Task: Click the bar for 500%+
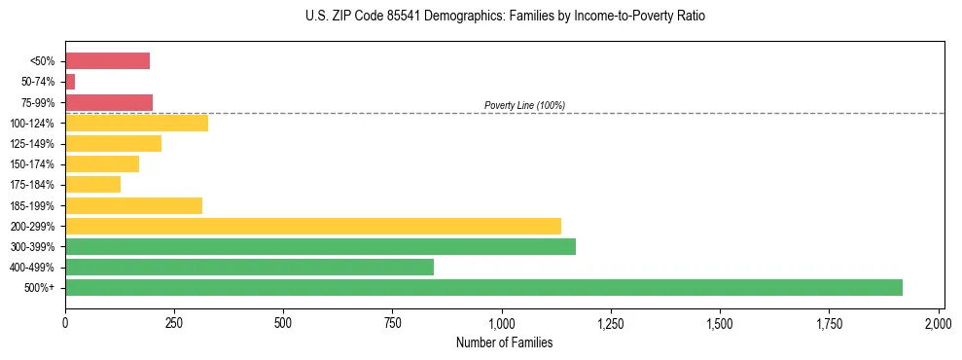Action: (x=483, y=287)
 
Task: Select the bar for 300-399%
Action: (x=320, y=246)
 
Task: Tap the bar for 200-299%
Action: (x=312, y=226)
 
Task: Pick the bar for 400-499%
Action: (x=249, y=267)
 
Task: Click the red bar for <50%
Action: (x=107, y=61)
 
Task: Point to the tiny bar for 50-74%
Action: (x=70, y=82)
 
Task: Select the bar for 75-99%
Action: (x=109, y=102)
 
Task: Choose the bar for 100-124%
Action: (x=136, y=123)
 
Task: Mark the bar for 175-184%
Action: (x=92, y=184)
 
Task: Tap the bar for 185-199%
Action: (x=133, y=205)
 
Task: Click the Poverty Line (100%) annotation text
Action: (x=524, y=105)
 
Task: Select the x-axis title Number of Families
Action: (x=504, y=342)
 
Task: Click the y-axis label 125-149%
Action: (x=32, y=144)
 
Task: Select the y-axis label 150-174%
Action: (x=32, y=164)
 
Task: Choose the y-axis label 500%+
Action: (x=40, y=288)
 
